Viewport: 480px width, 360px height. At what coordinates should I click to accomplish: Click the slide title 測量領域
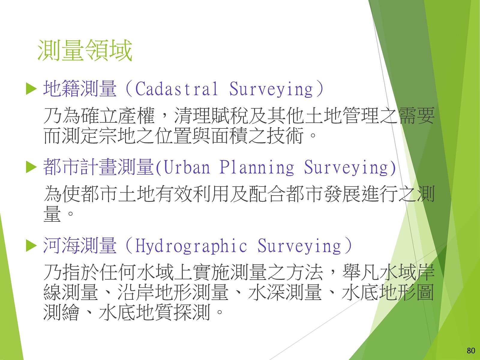click(85, 50)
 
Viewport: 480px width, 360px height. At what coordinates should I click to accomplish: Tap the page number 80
click(471, 351)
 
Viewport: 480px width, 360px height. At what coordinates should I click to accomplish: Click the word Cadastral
click(176, 89)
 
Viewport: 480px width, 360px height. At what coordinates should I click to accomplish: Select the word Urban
click(187, 167)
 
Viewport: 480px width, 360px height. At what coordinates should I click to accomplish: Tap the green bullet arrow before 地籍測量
click(31, 89)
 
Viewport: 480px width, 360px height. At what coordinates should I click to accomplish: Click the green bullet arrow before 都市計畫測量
click(31, 167)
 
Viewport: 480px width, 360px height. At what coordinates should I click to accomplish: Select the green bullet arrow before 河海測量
click(31, 246)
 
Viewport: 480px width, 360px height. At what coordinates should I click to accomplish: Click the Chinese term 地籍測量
click(80, 89)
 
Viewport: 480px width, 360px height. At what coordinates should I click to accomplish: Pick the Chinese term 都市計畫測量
click(98, 167)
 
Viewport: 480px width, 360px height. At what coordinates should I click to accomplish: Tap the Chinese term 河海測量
click(80, 246)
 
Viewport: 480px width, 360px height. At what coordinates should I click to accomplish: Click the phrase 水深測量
click(285, 292)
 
